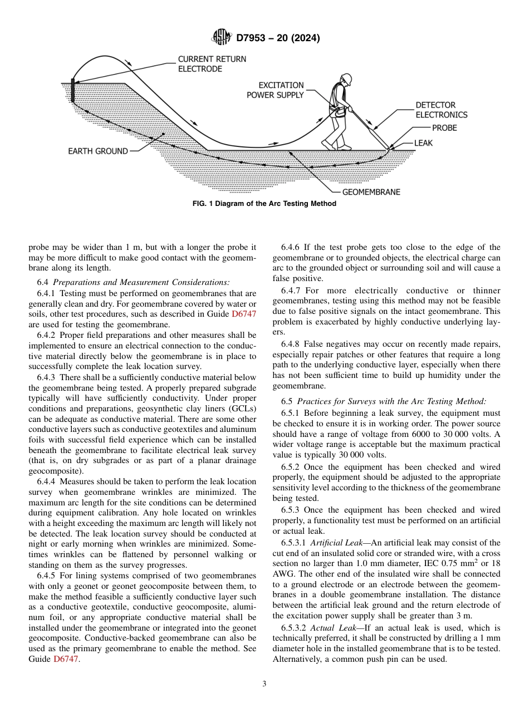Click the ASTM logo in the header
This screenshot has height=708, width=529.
tap(222, 38)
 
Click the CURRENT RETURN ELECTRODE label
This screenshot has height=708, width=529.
tap(212, 64)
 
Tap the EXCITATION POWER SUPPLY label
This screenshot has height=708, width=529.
tap(275, 90)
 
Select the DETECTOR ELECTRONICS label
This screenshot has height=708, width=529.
tap(441, 110)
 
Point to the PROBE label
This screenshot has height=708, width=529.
tap(444, 128)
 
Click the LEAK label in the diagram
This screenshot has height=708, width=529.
tap(423, 143)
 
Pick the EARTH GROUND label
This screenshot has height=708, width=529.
tap(98, 151)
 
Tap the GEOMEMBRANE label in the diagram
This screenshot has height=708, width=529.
tap(371, 192)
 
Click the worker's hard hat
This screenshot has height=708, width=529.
tap(346, 77)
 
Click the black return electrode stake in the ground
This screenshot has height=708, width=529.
tap(72, 92)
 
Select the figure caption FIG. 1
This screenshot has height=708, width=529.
tap(264, 204)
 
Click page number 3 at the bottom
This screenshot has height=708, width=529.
tap(264, 684)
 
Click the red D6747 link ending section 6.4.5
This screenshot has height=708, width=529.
tap(66, 659)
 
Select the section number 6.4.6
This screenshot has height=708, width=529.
tap(293, 247)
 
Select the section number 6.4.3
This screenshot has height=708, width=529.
tap(49, 378)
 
